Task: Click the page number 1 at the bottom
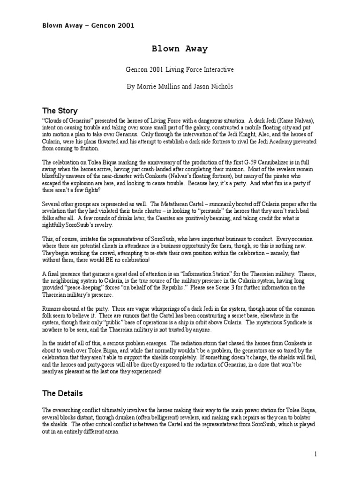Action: coord(316,454)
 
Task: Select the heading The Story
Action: coord(60,111)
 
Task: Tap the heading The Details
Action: coord(62,393)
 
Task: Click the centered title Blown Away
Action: coord(180,48)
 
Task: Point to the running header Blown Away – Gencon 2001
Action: coord(88,25)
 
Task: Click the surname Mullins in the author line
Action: coord(173,87)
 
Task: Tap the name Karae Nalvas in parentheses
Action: coord(290,120)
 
